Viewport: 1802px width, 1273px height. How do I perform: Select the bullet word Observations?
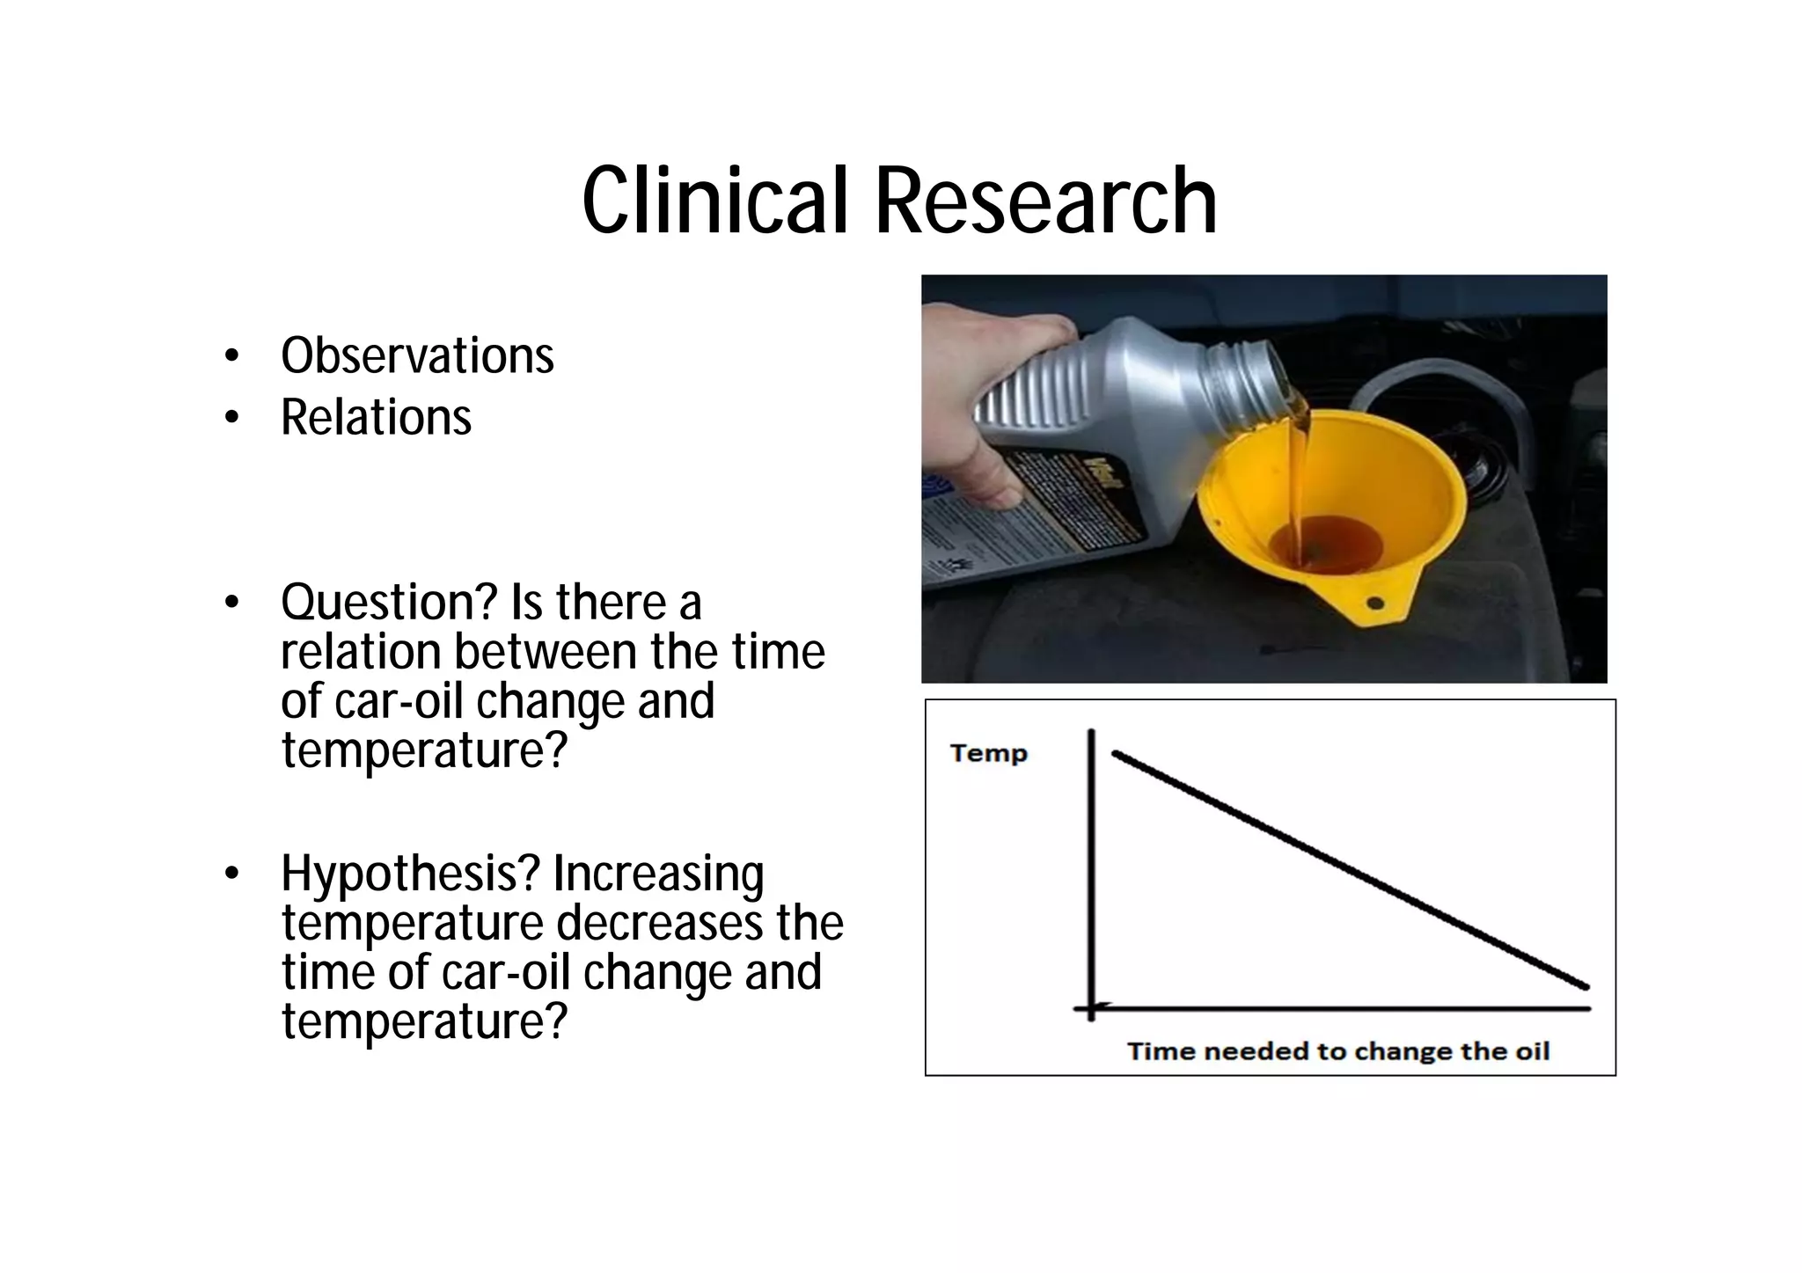pos(417,355)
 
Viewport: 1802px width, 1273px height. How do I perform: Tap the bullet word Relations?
pos(376,417)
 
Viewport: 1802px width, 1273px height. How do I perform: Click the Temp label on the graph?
pos(988,753)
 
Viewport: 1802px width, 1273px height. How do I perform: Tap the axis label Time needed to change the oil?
pos(1337,1051)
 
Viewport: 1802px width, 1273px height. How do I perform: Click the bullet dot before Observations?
pos(231,356)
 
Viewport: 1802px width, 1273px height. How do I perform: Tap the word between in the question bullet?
pos(546,652)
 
